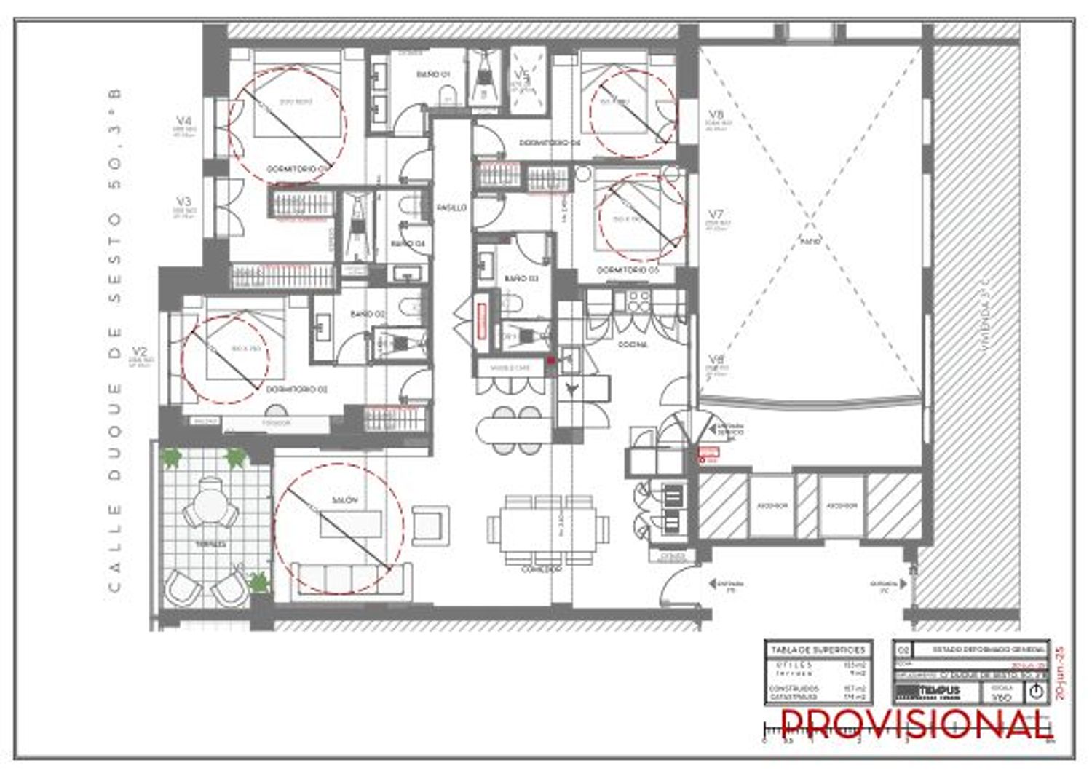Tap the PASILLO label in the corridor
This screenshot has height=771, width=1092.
click(x=451, y=207)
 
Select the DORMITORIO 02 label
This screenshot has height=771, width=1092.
click(x=296, y=390)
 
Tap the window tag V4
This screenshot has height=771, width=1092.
click(x=184, y=121)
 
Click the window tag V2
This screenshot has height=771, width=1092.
click(x=141, y=352)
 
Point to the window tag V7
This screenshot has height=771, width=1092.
click(x=716, y=215)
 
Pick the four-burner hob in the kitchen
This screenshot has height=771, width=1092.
click(x=639, y=299)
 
